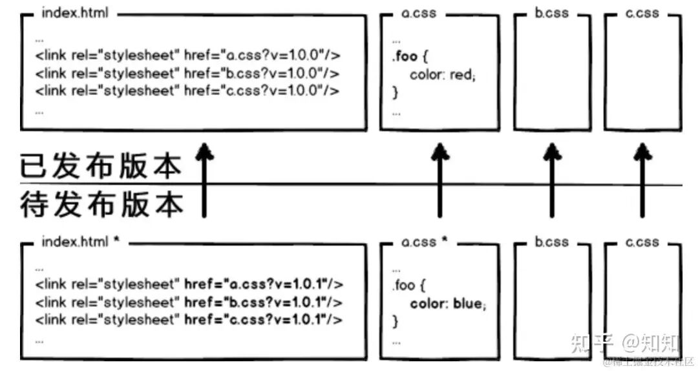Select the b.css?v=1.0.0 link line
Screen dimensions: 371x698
pos(187,73)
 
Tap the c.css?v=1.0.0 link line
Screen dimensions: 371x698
pos(187,91)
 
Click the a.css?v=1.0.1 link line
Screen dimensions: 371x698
pos(189,284)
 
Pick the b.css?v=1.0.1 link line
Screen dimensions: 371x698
pos(189,302)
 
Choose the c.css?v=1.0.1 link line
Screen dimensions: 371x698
pos(189,320)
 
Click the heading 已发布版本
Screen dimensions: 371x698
pos(101,167)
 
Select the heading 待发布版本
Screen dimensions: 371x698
pos(101,203)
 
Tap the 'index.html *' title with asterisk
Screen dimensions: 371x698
pos(80,242)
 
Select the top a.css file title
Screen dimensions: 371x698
pos(419,12)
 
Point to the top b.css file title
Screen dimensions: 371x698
pos(551,12)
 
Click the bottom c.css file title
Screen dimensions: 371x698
pos(642,242)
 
